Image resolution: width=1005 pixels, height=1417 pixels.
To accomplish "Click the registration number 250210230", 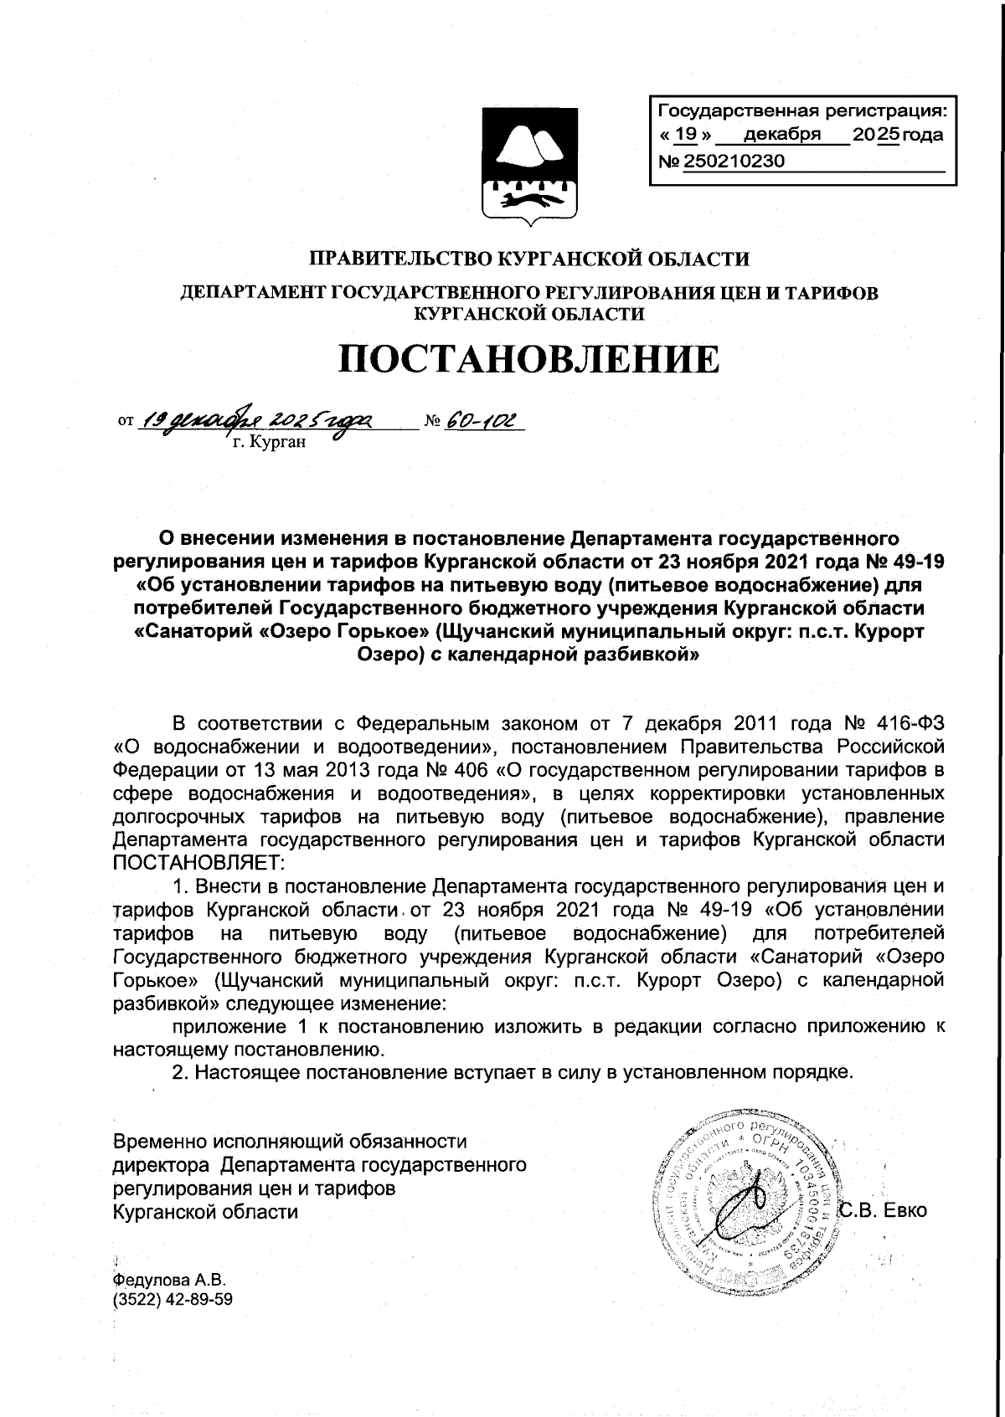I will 734,162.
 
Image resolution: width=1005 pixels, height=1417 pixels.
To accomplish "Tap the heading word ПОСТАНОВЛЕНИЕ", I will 528,359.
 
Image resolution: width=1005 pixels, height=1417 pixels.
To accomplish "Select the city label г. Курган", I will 270,442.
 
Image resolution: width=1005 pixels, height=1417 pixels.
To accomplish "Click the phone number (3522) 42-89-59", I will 173,1299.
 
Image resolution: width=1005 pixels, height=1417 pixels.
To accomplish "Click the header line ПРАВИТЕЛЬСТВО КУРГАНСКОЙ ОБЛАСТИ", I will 529,258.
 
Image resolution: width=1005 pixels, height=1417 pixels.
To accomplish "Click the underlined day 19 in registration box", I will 686,135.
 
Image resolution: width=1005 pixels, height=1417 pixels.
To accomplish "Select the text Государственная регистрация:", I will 802,110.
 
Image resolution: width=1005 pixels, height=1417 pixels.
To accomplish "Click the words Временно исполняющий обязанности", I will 290,1141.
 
